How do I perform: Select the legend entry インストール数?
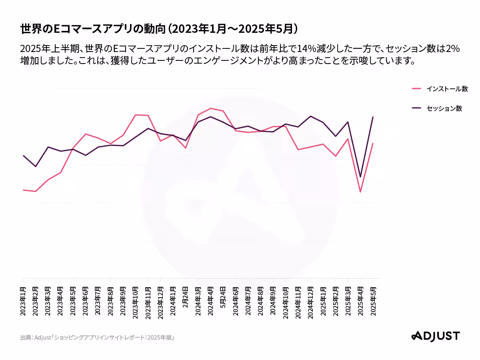(447, 89)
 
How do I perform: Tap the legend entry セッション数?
(444, 108)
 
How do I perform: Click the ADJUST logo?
(436, 336)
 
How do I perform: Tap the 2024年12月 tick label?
(310, 302)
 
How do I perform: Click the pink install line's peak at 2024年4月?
(211, 108)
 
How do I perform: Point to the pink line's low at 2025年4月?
(360, 192)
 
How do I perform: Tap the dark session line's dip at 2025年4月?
(360, 177)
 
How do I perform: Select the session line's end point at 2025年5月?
(373, 117)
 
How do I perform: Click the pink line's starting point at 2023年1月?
(24, 190)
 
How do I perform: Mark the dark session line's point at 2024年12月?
(310, 116)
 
